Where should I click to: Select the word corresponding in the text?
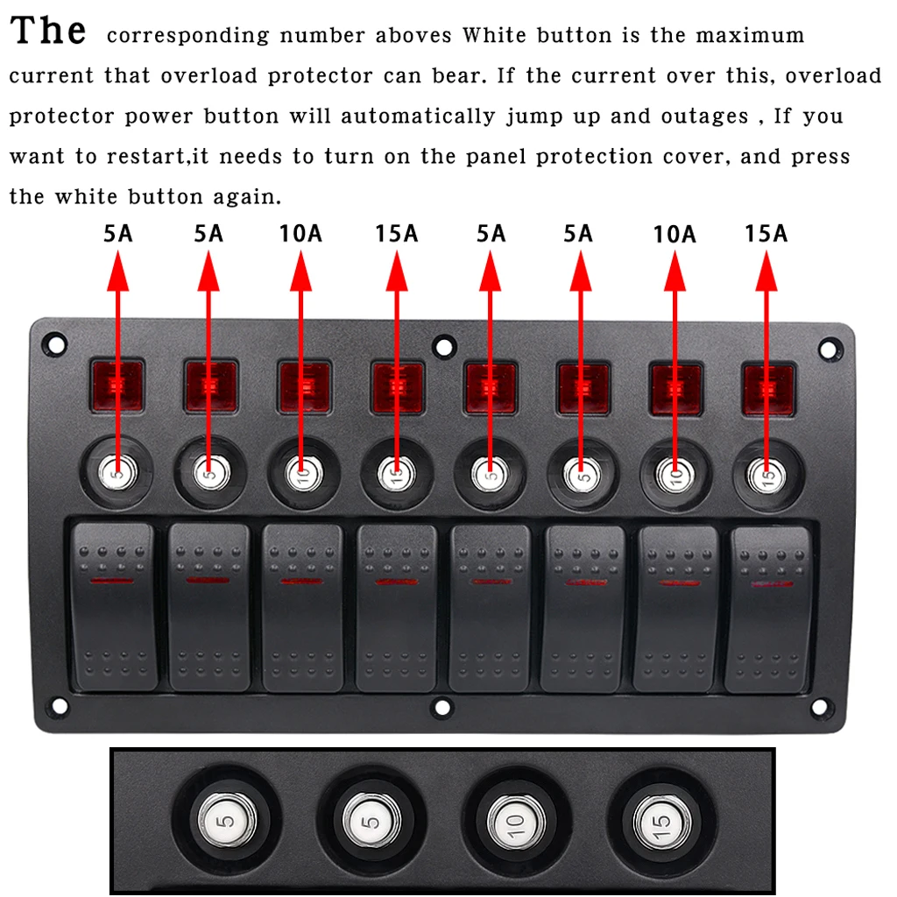click(187, 36)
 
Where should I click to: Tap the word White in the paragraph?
click(494, 34)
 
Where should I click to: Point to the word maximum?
click(750, 35)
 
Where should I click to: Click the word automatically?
click(418, 117)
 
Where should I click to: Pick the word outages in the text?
click(705, 117)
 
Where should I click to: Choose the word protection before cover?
click(594, 158)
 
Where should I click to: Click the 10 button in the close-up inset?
click(516, 822)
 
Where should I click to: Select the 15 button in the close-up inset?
click(661, 822)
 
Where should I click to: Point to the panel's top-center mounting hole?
click(444, 347)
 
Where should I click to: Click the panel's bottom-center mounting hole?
click(442, 708)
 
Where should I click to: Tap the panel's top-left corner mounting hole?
click(55, 344)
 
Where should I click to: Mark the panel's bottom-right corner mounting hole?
click(819, 707)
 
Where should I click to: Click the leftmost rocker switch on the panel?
click(115, 606)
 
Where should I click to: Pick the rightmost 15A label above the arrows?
click(766, 233)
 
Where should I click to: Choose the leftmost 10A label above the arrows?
click(300, 233)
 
